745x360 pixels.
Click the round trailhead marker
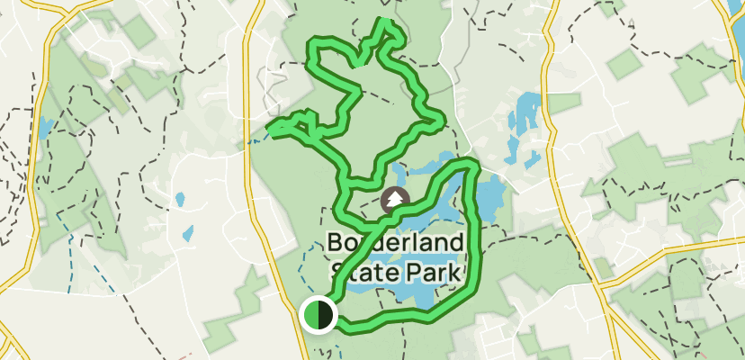[x=318, y=315]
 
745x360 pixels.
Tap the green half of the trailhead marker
[x=310, y=315]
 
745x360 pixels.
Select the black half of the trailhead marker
[x=325, y=315]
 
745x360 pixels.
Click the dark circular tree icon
[x=393, y=201]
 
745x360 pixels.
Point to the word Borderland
[x=396, y=243]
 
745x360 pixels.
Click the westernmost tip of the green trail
[x=271, y=131]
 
